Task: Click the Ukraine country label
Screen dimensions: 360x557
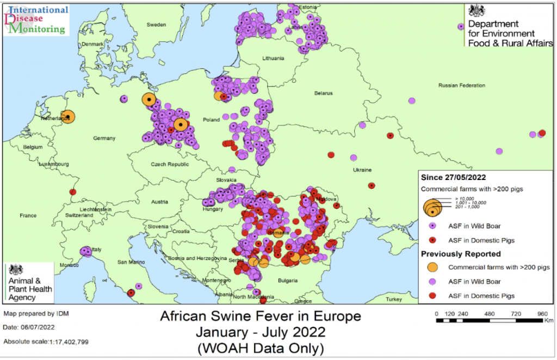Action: [x=362, y=170]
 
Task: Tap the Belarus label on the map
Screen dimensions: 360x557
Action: [x=323, y=94]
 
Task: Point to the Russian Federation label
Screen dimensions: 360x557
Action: [x=462, y=86]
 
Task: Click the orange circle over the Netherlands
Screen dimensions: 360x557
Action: [x=68, y=117]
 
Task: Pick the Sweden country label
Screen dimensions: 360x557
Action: [x=157, y=25]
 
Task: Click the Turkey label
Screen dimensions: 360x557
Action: [x=393, y=300]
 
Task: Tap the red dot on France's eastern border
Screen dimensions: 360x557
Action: [x=73, y=192]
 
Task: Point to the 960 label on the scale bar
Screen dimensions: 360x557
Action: [x=542, y=314]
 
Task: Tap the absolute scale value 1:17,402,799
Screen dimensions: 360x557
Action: [x=65, y=342]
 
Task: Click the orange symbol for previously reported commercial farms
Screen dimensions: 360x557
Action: [x=432, y=268]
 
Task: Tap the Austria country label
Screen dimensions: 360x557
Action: [x=159, y=202]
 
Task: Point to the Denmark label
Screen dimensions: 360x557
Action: [x=92, y=44]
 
